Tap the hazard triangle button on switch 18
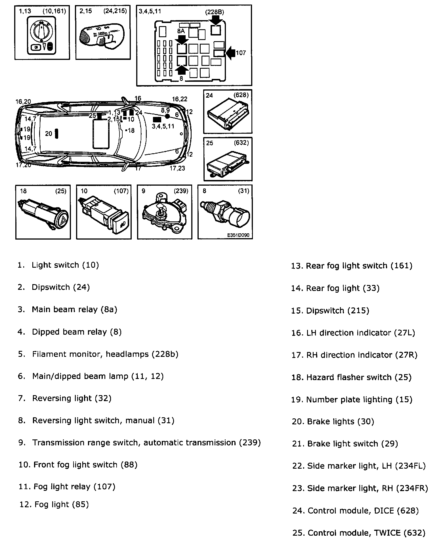pos(62,220)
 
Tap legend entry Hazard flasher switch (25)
pos(351,377)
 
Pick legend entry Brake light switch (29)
pos(345,444)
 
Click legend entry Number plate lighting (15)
pos(352,399)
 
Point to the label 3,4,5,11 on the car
pos(163,126)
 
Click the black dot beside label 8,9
pos(167,116)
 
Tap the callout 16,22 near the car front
pos(180,99)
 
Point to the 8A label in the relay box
pos(181,31)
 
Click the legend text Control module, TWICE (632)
pos(359,533)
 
